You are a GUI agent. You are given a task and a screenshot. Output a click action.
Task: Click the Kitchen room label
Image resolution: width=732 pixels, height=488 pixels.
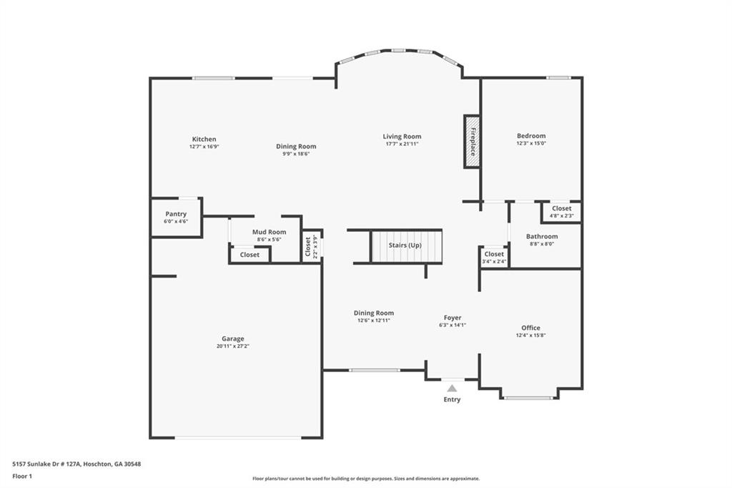(x=204, y=140)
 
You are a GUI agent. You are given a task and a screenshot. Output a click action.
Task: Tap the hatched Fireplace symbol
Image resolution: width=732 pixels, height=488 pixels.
(x=472, y=142)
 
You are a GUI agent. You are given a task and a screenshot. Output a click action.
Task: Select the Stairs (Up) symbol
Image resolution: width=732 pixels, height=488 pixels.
(x=406, y=245)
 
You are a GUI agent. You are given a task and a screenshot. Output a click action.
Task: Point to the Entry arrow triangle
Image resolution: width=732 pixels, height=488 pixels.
(x=452, y=388)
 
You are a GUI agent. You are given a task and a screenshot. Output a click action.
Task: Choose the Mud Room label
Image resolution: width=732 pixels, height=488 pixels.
(x=269, y=232)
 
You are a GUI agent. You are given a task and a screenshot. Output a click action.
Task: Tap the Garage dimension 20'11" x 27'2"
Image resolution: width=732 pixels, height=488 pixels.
(x=233, y=346)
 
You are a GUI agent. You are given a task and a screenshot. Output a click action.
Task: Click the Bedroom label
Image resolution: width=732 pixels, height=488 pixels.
(x=531, y=136)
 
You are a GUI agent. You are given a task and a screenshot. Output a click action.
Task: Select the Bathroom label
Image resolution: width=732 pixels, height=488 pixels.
(x=542, y=236)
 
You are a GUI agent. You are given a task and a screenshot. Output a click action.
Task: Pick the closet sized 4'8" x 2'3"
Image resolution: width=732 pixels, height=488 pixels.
(x=562, y=212)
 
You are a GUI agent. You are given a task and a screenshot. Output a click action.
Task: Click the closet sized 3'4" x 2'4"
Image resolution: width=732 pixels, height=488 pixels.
(x=494, y=258)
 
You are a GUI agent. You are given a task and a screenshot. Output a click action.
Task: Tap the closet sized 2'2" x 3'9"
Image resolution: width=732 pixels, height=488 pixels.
(x=312, y=246)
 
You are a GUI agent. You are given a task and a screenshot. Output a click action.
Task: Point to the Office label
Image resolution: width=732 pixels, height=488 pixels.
(x=531, y=328)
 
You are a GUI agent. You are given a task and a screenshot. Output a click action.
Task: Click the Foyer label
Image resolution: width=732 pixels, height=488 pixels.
(x=452, y=318)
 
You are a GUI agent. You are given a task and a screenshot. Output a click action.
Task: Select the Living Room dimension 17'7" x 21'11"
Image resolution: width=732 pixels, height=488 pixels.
(x=402, y=144)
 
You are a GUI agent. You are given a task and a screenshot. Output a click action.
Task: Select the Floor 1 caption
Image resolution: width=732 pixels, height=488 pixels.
(x=21, y=475)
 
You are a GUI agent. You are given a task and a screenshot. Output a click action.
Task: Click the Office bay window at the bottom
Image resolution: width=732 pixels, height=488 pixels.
(x=528, y=398)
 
